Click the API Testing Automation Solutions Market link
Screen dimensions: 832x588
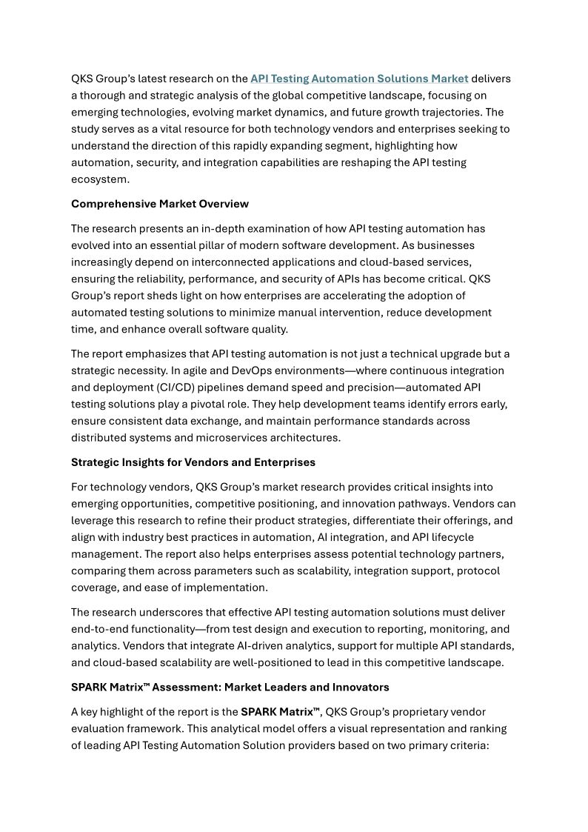click(x=359, y=79)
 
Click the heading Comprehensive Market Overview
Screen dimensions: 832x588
click(x=160, y=204)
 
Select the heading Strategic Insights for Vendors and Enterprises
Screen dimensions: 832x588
click(x=193, y=462)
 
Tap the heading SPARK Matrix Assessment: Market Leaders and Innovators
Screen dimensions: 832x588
click(x=230, y=687)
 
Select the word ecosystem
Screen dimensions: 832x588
click(x=100, y=179)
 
